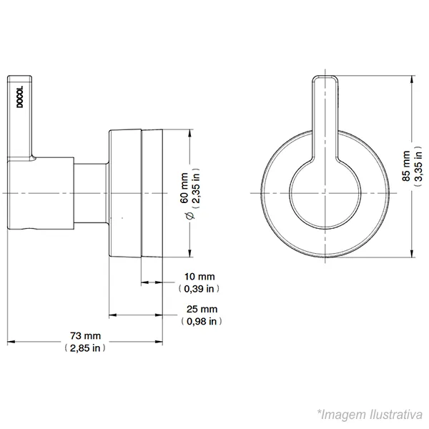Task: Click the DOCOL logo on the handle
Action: [x=20, y=97]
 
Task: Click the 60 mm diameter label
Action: [x=184, y=187]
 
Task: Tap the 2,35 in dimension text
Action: [x=196, y=189]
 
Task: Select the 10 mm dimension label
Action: [x=199, y=277]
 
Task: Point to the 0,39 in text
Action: [x=199, y=289]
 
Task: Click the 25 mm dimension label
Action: [x=202, y=309]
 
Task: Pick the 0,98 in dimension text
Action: [x=202, y=321]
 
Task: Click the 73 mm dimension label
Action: [x=85, y=336]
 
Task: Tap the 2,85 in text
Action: [x=85, y=348]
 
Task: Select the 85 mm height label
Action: [x=406, y=166]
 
